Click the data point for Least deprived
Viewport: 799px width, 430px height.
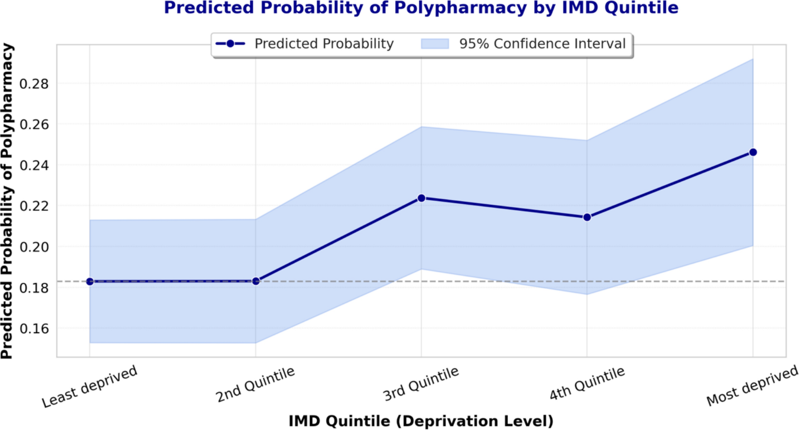pyautogui.click(x=90, y=281)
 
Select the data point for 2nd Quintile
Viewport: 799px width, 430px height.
pyautogui.click(x=256, y=281)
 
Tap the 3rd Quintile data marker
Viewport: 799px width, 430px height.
pyautogui.click(x=421, y=198)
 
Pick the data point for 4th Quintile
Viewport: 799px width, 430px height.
pyautogui.click(x=587, y=217)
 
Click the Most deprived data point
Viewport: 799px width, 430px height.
pyautogui.click(x=753, y=152)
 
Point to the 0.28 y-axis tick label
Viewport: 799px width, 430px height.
pyautogui.click(x=34, y=84)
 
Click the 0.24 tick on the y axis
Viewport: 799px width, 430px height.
pyautogui.click(x=34, y=165)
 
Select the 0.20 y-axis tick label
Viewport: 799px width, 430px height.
pyautogui.click(x=34, y=247)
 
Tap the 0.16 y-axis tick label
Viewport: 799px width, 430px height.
pyautogui.click(x=34, y=328)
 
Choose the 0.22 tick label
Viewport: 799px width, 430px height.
pyautogui.click(x=34, y=206)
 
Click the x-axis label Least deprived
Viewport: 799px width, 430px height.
pyautogui.click(x=90, y=387)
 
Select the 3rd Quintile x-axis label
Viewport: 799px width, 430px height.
pyautogui.click(x=421, y=384)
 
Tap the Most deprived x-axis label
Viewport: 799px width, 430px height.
pyautogui.click(x=752, y=386)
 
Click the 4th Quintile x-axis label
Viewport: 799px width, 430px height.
pyautogui.click(x=587, y=384)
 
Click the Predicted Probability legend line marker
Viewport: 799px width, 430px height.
pyautogui.click(x=230, y=43)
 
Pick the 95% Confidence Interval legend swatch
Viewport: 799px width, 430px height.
pyautogui.click(x=435, y=43)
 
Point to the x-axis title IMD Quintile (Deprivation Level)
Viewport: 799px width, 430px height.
pyautogui.click(x=421, y=421)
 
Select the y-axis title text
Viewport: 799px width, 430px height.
pyautogui.click(x=7, y=201)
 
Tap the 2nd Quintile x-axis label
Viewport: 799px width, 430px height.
pyautogui.click(x=255, y=385)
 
